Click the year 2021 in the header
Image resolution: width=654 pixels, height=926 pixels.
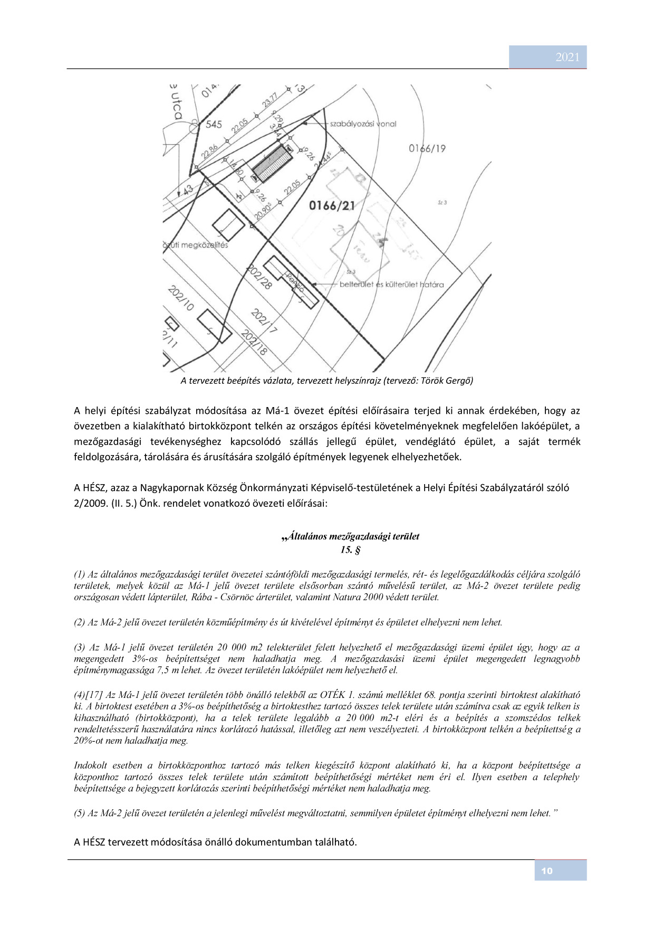point(567,58)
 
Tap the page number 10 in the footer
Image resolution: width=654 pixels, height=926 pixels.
point(547,871)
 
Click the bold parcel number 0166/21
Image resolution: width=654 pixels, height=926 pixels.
point(332,205)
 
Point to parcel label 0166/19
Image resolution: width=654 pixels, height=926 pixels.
point(427,148)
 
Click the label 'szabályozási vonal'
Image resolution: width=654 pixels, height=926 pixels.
point(363,124)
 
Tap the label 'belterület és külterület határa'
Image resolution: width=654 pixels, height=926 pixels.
point(392,285)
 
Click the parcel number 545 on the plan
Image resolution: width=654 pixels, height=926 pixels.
point(214,125)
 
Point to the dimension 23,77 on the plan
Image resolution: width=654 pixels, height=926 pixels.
point(270,101)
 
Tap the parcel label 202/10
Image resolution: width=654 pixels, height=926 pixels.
point(181,299)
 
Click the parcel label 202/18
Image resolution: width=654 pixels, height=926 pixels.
point(253,343)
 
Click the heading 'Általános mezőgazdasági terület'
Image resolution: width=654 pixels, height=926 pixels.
point(352,536)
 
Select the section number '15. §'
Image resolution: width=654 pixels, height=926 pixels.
point(350,550)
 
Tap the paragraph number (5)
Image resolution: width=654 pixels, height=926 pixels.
point(80,813)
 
